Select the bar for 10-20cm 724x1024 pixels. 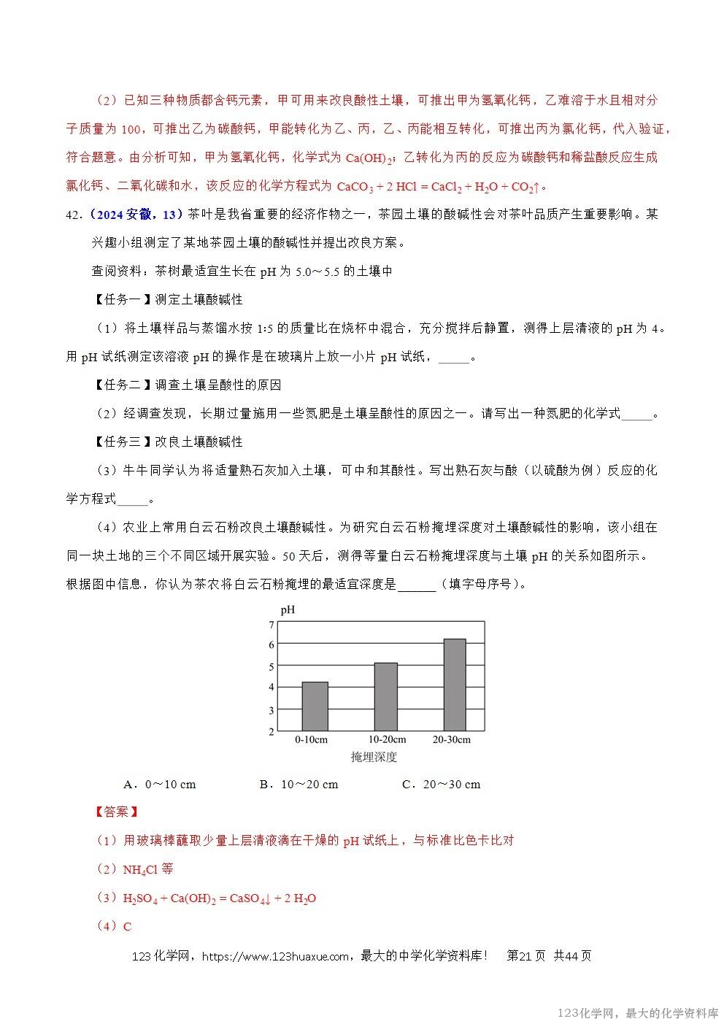point(385,696)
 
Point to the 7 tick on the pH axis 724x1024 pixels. point(271,625)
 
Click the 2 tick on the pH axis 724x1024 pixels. point(271,731)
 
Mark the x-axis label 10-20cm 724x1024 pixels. point(387,739)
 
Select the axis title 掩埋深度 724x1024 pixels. point(374,757)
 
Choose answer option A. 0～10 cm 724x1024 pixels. point(160,785)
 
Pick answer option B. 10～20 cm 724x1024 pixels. point(299,785)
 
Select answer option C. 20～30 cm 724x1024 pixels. point(441,785)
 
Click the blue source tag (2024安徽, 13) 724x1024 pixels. point(134,214)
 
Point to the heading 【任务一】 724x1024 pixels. point(122,299)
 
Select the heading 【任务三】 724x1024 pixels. point(122,442)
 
